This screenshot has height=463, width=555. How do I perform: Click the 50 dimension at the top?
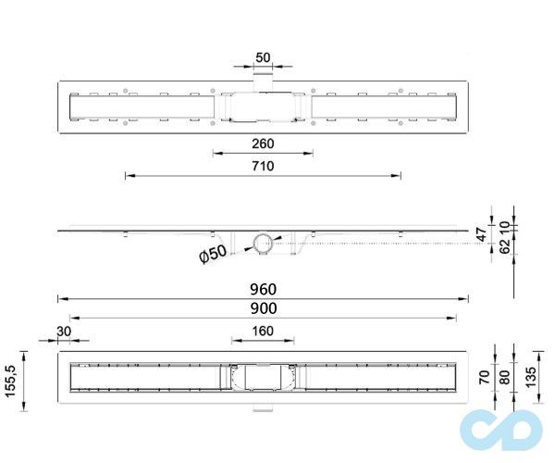coord(263,57)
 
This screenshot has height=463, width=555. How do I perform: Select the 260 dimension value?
coord(263,143)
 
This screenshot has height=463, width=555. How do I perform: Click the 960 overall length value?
coord(263,289)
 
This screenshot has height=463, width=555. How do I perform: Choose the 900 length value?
coord(263,308)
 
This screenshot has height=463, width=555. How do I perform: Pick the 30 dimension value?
coord(64,332)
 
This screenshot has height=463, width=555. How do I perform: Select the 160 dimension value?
coord(263,332)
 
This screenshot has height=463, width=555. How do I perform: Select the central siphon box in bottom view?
coord(262,378)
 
